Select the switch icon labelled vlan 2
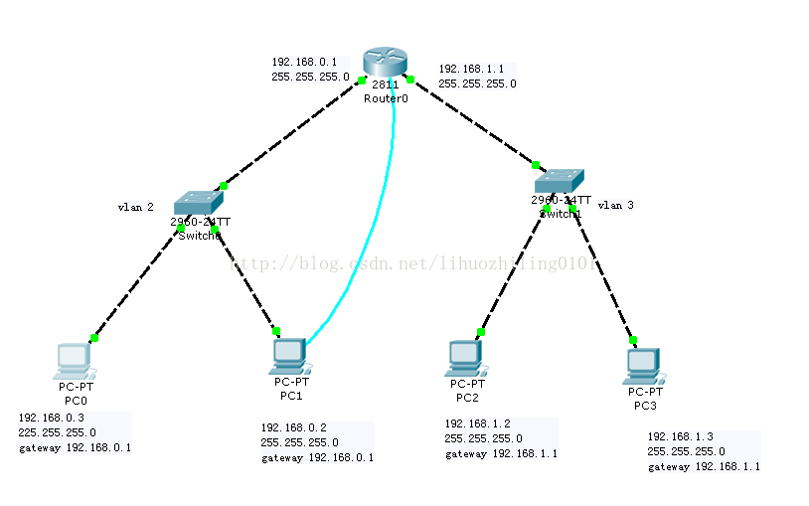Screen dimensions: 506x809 [199, 202]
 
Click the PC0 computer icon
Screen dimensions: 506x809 [74, 360]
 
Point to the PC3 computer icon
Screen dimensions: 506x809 [643, 366]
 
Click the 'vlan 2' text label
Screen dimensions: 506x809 [135, 208]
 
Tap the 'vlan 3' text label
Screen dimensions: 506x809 [615, 205]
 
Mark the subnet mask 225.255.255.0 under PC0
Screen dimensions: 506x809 [57, 433]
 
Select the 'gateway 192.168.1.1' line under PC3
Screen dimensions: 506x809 [704, 466]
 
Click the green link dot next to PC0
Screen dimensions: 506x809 [94, 338]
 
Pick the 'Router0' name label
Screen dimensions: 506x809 [386, 99]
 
